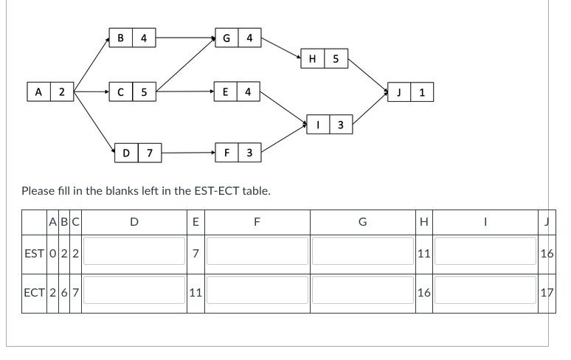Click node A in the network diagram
pyautogui.click(x=38, y=92)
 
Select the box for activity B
pyautogui.click(x=120, y=38)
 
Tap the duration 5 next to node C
pyautogui.click(x=144, y=92)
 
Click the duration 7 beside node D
pyautogui.click(x=150, y=153)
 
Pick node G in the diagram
pyautogui.click(x=226, y=38)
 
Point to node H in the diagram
pyautogui.click(x=313, y=59)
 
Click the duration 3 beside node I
pyautogui.click(x=340, y=125)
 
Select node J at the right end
pyautogui.click(x=399, y=92)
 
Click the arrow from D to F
pyautogui.click(x=188, y=153)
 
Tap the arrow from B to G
pyautogui.click(x=184, y=38)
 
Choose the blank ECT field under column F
pyautogui.click(x=257, y=292)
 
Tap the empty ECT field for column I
pyautogui.click(x=485, y=292)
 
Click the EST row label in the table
pyautogui.click(x=34, y=254)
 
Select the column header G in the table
pyautogui.click(x=362, y=221)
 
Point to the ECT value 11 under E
pyautogui.click(x=195, y=292)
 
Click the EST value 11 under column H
pyautogui.click(x=423, y=254)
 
